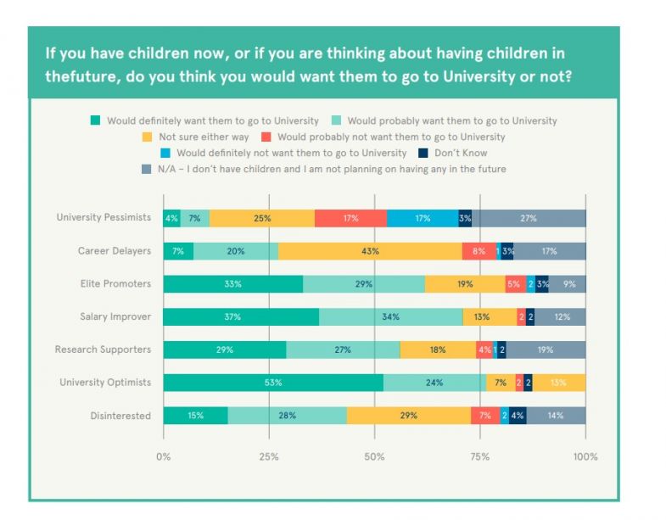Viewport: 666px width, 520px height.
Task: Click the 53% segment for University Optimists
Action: click(x=273, y=383)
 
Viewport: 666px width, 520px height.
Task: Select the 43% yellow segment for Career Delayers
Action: click(x=370, y=251)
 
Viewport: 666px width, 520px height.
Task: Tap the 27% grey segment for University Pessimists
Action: click(x=529, y=218)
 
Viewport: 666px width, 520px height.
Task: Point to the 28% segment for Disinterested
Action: click(x=288, y=416)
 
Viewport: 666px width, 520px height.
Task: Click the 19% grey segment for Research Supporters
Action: click(x=546, y=349)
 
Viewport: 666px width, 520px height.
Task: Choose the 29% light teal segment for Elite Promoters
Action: click(x=364, y=284)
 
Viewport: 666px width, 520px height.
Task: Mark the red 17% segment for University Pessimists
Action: click(x=350, y=218)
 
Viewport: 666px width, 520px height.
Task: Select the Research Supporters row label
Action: click(x=103, y=349)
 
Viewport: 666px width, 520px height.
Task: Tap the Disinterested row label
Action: click(x=120, y=416)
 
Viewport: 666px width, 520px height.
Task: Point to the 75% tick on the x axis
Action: click(x=480, y=456)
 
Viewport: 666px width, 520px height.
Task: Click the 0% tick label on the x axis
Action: click(x=164, y=456)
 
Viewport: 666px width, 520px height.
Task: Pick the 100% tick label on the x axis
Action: click(x=585, y=456)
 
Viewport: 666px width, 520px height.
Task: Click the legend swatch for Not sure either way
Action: click(x=147, y=137)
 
